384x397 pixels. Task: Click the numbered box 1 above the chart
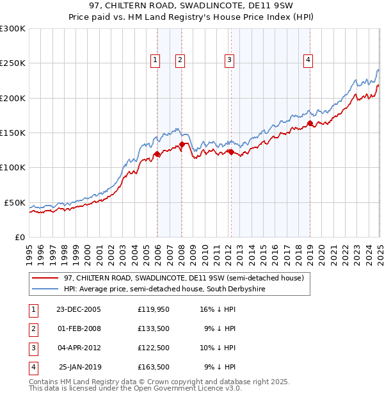pos(155,60)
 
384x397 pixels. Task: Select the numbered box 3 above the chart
pos(229,60)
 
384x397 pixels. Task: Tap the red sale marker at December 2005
pos(157,154)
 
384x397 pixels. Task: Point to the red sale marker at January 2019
pos(310,124)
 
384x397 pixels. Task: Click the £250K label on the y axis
pos(12,63)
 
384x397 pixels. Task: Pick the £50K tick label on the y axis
pos(15,202)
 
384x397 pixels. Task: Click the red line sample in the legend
pos(45,278)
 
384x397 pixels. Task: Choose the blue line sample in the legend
pos(45,289)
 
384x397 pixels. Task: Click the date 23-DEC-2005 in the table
pos(79,309)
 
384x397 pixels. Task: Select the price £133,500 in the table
pos(153,328)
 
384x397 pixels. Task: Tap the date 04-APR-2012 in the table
pos(79,348)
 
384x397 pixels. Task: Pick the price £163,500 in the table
pos(153,367)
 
